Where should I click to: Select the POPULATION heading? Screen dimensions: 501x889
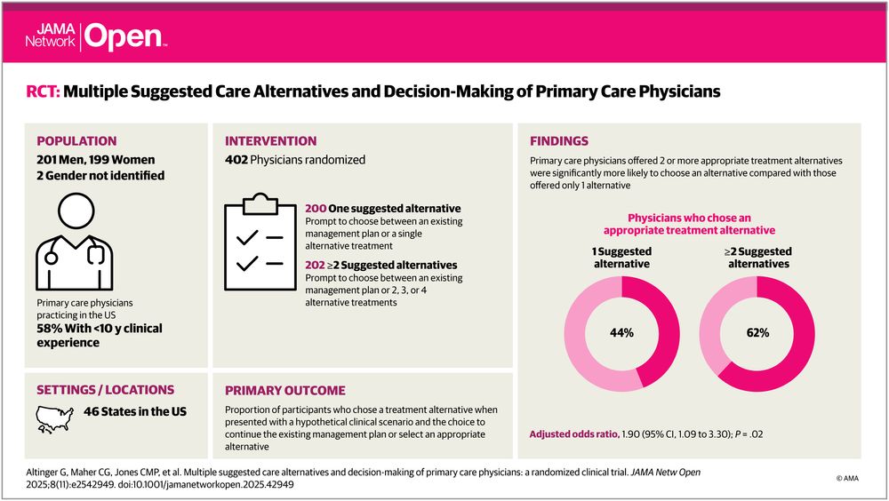[x=76, y=140]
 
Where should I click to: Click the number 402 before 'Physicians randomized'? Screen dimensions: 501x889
[x=237, y=160]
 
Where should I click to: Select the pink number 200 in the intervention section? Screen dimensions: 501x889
[x=315, y=208]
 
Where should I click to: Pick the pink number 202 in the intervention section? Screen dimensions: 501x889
[x=315, y=265]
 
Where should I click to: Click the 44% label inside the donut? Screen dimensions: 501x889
[x=621, y=333]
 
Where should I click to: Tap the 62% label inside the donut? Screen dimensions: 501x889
[x=757, y=333]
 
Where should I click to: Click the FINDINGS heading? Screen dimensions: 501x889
[x=560, y=140]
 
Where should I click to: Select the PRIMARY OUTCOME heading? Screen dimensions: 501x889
[x=285, y=390]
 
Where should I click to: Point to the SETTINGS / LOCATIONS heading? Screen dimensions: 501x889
[x=105, y=390]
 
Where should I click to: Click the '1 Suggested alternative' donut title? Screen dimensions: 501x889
[x=621, y=258]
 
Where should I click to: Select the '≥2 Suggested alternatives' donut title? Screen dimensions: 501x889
[x=758, y=258]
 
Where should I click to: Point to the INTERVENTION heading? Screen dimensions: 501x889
[x=270, y=140]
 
